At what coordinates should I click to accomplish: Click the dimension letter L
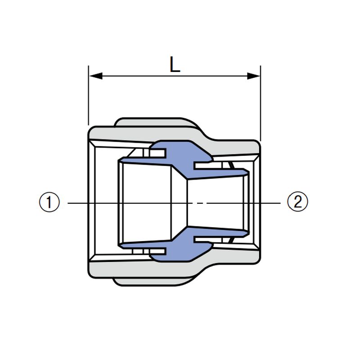[x=175, y=64]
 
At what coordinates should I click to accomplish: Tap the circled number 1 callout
[x=49, y=202]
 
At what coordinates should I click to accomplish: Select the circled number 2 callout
[x=297, y=202]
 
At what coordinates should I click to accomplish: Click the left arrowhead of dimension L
[x=96, y=76]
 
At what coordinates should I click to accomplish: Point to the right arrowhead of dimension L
[x=253, y=76]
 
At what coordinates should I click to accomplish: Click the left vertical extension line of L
[x=88, y=95]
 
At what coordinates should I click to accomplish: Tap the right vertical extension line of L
[x=261, y=103]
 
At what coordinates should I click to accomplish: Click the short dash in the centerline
[x=200, y=203]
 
